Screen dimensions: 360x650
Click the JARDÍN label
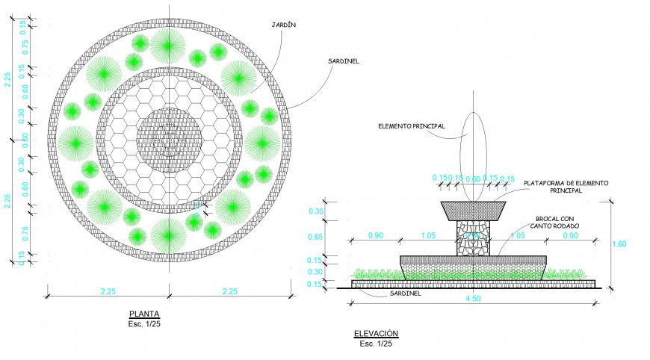[285, 25]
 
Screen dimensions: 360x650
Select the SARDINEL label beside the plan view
[344, 61]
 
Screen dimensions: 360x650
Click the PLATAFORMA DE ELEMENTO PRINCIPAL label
[566, 187]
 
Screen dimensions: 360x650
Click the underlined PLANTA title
[143, 314]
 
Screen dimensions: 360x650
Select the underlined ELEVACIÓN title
[376, 334]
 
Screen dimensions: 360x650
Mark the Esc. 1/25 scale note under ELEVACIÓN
[376, 344]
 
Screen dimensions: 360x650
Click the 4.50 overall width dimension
[473, 299]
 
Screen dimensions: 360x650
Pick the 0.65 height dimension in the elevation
[316, 238]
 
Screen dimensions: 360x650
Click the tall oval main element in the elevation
[473, 153]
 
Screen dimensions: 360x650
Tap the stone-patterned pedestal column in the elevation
[473, 238]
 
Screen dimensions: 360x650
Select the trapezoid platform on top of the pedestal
[473, 210]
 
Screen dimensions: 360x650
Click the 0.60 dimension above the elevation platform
[473, 179]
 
